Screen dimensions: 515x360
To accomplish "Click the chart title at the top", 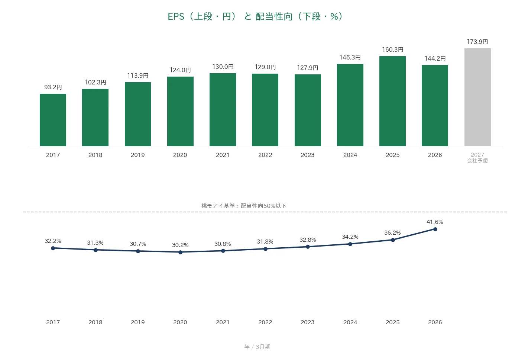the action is coord(255,17).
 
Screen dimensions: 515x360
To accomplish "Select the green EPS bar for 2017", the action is coord(53,120).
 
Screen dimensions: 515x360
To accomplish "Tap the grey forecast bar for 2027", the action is coord(477,97).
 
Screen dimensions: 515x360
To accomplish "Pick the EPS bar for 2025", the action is coord(392,101).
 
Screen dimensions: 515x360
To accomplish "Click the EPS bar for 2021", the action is coord(223,110).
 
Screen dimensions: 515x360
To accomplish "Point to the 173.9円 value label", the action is coord(477,42).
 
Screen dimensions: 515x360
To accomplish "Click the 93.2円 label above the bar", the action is coord(53,87).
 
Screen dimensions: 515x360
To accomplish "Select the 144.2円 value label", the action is coord(435,58).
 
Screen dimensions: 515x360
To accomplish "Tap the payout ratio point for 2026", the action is coord(435,229).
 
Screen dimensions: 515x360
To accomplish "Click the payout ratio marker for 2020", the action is coord(180,252).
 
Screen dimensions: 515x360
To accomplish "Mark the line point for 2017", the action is coord(53,248).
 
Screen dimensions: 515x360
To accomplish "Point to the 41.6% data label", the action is coord(435,222).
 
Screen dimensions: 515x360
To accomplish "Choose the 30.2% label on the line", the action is coord(180,245).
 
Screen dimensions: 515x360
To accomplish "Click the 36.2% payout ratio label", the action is coord(392,233).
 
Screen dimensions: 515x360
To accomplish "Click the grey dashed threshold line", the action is coord(265,212).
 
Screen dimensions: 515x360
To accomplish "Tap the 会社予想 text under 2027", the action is coord(477,161).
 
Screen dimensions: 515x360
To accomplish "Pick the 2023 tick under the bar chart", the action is coord(307,155).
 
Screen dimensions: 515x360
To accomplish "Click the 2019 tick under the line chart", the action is coord(138,322).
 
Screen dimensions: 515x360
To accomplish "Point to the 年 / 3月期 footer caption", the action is coord(257,347).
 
